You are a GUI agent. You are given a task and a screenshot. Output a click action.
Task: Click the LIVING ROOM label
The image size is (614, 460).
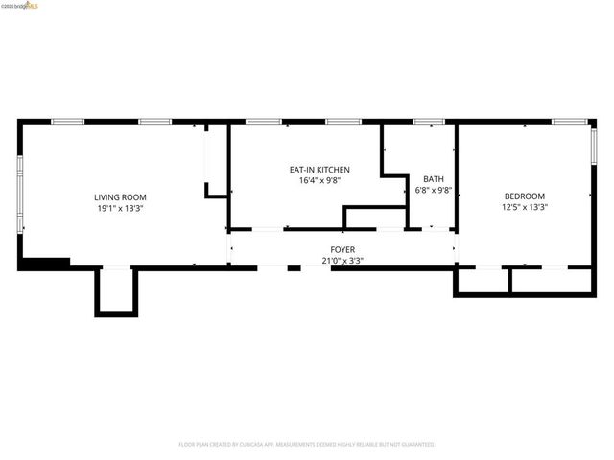tap(120, 197)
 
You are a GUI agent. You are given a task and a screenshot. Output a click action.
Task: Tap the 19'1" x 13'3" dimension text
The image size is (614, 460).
tap(120, 208)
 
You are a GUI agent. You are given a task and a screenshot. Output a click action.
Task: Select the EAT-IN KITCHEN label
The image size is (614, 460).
tap(319, 170)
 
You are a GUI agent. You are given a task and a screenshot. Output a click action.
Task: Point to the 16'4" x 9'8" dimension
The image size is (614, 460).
tap(319, 180)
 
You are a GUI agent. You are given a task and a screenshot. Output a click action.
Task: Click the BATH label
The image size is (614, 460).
tap(434, 179)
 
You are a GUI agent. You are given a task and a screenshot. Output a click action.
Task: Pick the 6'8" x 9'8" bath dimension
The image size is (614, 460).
tap(434, 190)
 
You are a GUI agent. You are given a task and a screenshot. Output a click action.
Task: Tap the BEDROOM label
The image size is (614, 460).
tap(524, 196)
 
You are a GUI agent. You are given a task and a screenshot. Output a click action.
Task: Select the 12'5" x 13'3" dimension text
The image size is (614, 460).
tap(524, 207)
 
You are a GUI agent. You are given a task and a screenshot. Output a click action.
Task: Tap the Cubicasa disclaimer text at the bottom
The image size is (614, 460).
tap(307, 445)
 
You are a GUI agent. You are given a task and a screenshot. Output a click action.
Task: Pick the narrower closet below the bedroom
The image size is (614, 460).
tap(482, 281)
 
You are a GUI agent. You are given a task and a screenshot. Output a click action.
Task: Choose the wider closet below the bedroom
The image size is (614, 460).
tap(552, 281)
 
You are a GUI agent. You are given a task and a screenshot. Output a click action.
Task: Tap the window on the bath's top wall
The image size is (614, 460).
tap(428, 122)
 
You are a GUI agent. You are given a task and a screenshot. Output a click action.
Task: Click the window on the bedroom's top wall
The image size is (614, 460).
tap(567, 122)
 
